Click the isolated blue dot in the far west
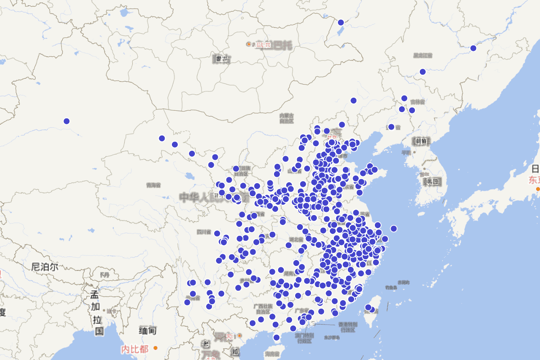coord(67,121)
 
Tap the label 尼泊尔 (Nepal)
coord(45,267)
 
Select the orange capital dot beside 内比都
coord(155,348)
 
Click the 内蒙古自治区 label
coord(286,118)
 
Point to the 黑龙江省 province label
coord(423,55)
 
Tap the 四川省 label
coord(203,232)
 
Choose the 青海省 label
coord(153,185)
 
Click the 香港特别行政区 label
coord(347,327)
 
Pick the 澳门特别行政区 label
coord(304,338)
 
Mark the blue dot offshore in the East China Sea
coord(394,229)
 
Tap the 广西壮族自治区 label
coord(263,309)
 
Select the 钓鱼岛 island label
coord(391,287)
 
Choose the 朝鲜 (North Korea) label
coord(422,141)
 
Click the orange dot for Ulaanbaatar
coord(249,44)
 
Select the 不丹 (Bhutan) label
coord(104,274)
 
